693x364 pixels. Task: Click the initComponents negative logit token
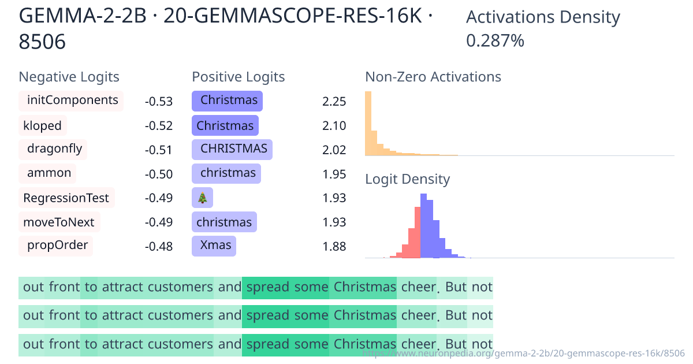(x=72, y=101)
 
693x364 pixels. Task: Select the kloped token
(x=43, y=125)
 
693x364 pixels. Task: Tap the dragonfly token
(x=53, y=149)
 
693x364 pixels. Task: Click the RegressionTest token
(x=66, y=198)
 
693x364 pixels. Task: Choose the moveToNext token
(x=59, y=222)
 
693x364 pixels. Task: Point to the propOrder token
(x=57, y=246)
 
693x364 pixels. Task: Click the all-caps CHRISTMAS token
(x=232, y=149)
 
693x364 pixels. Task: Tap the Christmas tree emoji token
(x=202, y=198)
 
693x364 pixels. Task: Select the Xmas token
(x=214, y=246)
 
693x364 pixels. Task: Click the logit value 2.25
(x=334, y=102)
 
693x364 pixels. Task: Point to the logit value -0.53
(x=158, y=102)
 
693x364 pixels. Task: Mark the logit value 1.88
(x=334, y=247)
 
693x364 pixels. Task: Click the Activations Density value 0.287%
(x=495, y=40)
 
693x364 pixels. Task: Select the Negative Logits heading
(x=69, y=77)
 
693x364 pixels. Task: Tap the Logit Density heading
(x=407, y=179)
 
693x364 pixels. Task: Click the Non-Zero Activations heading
(x=433, y=77)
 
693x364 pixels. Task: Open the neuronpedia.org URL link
(x=523, y=353)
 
